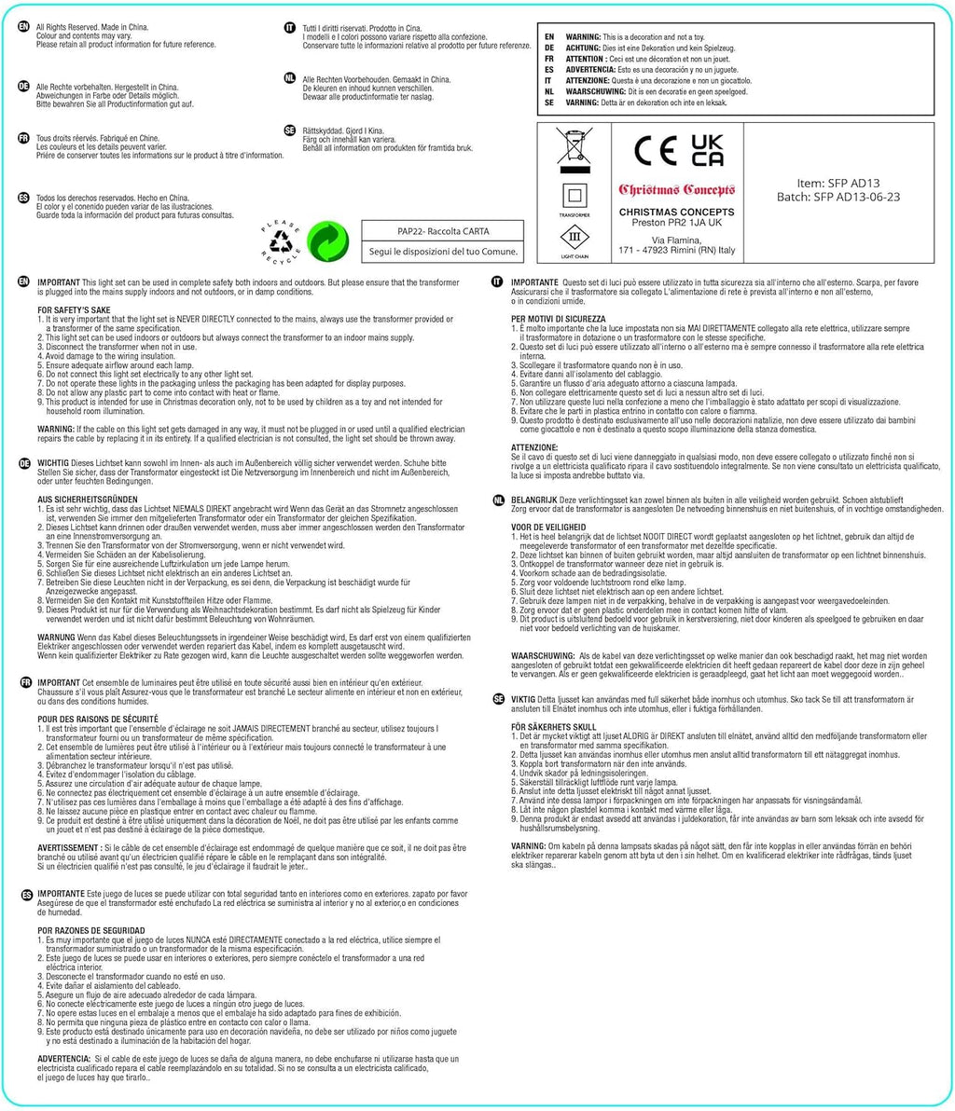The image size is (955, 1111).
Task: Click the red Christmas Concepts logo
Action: click(677, 190)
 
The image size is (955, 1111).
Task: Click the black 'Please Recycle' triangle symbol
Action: click(281, 241)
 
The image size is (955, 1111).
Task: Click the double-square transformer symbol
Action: click(574, 197)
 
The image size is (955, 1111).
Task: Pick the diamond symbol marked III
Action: click(574, 239)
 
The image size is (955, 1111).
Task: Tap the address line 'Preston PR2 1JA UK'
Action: click(677, 223)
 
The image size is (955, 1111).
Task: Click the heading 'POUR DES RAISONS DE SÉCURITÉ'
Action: click(98, 720)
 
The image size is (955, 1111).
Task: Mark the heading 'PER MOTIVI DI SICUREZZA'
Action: click(559, 318)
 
